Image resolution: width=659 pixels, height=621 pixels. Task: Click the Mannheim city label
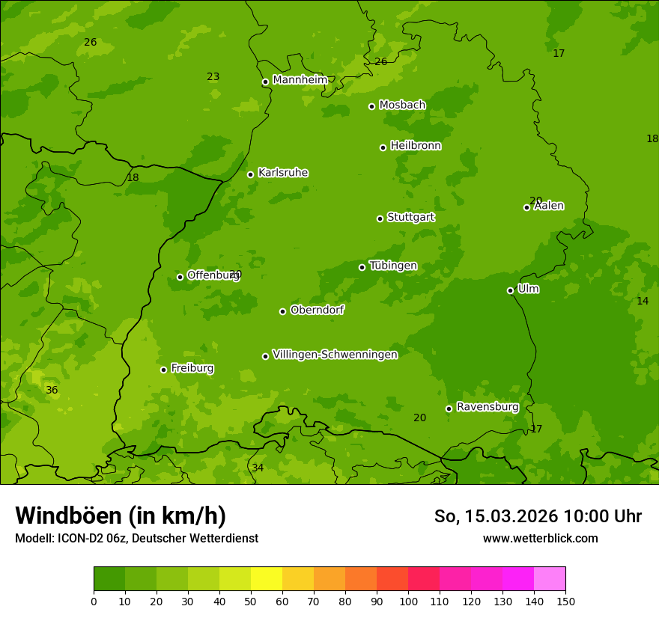pos(300,80)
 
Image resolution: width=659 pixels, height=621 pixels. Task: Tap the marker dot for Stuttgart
pos(380,218)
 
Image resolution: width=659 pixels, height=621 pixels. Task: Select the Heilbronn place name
pos(416,146)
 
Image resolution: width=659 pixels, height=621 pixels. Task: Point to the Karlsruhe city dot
pos(250,174)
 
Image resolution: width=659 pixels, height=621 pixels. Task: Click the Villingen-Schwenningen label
pos(335,355)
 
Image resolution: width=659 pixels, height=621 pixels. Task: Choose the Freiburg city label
pos(192,368)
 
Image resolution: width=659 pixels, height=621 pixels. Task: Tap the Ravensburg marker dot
pos(449,409)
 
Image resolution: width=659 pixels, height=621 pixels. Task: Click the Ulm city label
pos(528,289)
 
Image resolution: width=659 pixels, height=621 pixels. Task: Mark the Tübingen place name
pos(393,266)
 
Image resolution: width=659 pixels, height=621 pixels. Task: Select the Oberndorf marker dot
pos(282,311)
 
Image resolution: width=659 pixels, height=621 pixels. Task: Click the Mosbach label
pos(402,105)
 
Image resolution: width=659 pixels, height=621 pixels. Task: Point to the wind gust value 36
pos(52,390)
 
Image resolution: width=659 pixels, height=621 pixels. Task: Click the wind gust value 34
pos(258,468)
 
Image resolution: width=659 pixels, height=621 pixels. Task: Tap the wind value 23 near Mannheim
pos(213,76)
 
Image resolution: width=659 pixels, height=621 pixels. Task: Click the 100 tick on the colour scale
pos(408,601)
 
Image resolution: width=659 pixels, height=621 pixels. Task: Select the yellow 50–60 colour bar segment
pos(267,578)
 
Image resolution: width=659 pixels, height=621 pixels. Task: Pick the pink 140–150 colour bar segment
pos(550,578)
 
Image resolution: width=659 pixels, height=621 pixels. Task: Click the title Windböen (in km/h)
pos(121,516)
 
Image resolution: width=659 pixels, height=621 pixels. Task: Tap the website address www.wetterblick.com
pos(540,538)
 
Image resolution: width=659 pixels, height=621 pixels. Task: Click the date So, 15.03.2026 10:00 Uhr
pos(538,516)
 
